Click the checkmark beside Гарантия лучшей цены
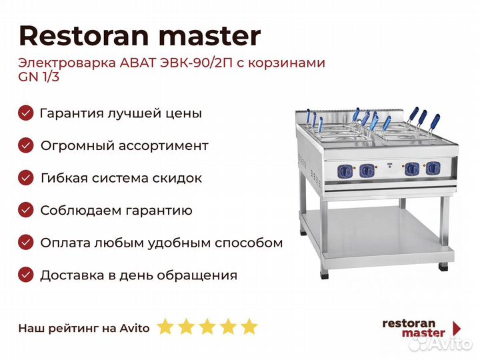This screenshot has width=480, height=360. pos(25,113)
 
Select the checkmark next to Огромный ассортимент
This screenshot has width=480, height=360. pos(25,145)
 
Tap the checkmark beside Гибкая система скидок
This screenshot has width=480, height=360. pos(25,178)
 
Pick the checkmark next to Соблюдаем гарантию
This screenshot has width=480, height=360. pos(25,210)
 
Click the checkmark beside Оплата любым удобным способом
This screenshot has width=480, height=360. pos(25,243)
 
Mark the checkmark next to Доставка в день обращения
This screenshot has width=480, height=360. pos(25,275)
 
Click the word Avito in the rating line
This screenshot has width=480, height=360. pos(135,328)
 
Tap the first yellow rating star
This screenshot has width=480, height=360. pos(165,327)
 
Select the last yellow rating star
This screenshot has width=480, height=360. pos(249,327)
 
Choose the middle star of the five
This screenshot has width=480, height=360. pos(207,327)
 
